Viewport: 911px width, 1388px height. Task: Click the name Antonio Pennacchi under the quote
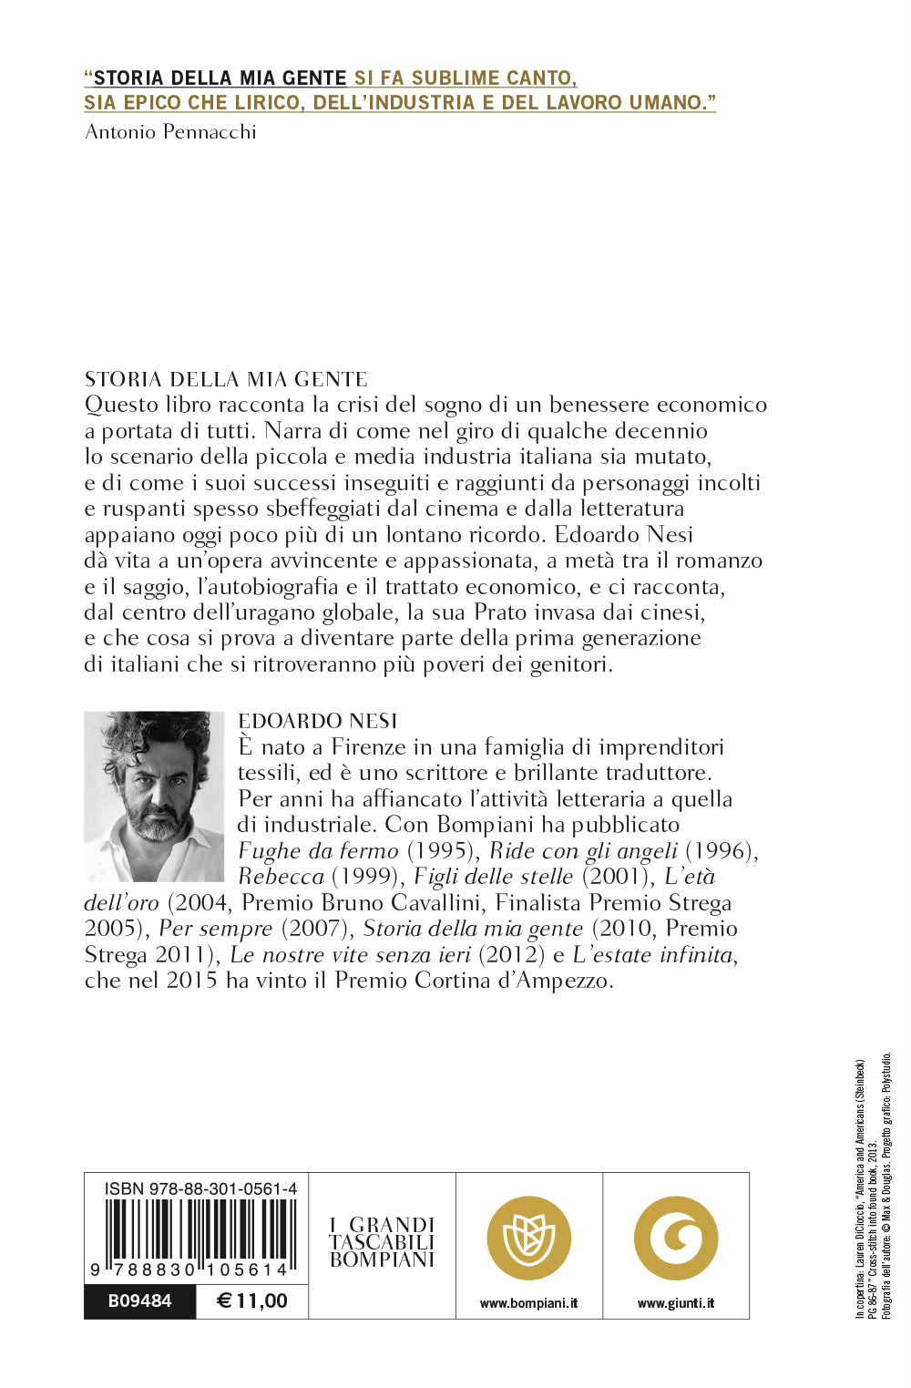[170, 132]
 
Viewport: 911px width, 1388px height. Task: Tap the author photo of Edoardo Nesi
[154, 796]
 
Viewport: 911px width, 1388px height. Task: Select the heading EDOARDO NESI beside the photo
[318, 721]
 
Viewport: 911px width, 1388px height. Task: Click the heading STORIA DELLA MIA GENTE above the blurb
[226, 379]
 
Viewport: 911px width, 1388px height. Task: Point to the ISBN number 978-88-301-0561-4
[200, 1188]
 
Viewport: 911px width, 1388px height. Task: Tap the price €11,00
[252, 1301]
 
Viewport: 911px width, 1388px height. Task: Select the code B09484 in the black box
[139, 1301]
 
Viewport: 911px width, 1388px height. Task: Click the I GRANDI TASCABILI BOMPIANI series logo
[382, 1242]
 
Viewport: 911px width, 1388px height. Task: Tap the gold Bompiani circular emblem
[529, 1238]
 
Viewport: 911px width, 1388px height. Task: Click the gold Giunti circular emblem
[676, 1238]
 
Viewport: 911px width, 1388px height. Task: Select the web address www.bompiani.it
[529, 1303]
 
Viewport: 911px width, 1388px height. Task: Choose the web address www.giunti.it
[676, 1303]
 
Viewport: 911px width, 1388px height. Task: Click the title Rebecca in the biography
[281, 877]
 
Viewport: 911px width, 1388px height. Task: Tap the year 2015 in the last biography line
[191, 981]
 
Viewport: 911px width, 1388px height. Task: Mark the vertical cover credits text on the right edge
[873, 1185]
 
